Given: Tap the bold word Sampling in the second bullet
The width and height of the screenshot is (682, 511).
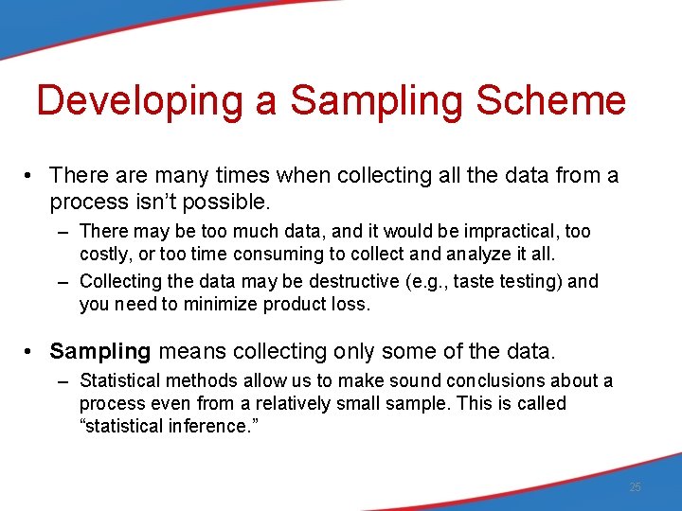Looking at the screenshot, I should [100, 351].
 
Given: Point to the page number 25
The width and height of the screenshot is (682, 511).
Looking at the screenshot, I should [635, 487].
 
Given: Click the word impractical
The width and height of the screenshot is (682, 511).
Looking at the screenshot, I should [519, 231].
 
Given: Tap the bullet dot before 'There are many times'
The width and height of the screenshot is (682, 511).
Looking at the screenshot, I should [31, 176].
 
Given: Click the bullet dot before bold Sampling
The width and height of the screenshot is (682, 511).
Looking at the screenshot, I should [31, 352].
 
